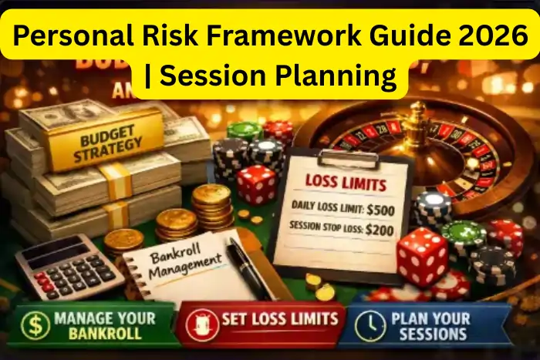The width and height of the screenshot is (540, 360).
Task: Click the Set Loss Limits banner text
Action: [280, 318]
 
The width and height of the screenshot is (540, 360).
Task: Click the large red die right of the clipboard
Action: [422, 257]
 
